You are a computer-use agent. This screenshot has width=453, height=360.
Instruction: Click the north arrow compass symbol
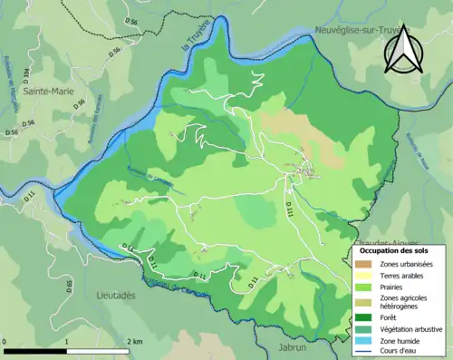(400, 49)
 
